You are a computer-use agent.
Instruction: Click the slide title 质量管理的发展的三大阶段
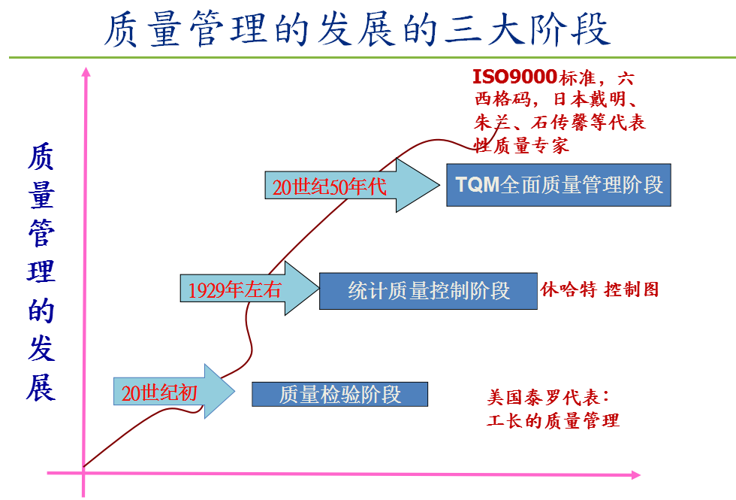pyautogui.click(x=356, y=30)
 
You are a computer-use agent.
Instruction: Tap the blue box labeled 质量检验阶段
pyautogui.click(x=339, y=394)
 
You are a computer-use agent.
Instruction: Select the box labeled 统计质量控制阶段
pyautogui.click(x=429, y=290)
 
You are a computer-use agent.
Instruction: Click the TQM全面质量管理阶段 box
pyautogui.click(x=558, y=185)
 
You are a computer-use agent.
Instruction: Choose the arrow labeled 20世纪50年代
pyautogui.click(x=349, y=186)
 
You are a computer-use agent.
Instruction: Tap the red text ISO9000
pyautogui.click(x=514, y=77)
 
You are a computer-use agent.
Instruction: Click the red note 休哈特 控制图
pyautogui.click(x=599, y=289)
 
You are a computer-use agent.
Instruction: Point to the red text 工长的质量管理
pyautogui.click(x=553, y=420)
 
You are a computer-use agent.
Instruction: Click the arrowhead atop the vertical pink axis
pyautogui.click(x=86, y=71)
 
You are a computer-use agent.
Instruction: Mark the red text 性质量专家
pyautogui.click(x=520, y=145)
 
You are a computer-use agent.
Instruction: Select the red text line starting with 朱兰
pyautogui.click(x=559, y=123)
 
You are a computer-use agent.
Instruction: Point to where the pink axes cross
pyautogui.click(x=84, y=471)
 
